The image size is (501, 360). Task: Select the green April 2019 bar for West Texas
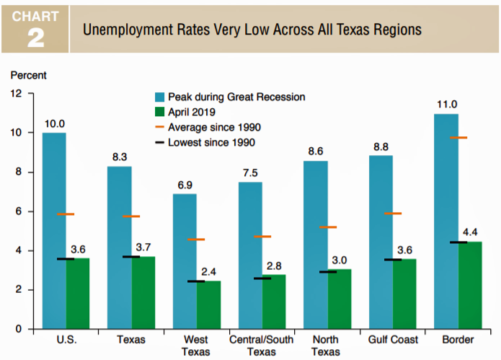208,305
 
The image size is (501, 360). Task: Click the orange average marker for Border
458,138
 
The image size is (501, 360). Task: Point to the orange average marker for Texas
131,216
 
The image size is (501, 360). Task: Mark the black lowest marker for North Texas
328,272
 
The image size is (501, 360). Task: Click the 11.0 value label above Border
447,105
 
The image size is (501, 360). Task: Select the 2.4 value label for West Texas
209,272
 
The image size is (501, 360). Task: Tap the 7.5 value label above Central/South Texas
250,172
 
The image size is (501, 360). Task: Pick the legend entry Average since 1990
214,127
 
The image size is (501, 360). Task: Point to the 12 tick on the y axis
15,94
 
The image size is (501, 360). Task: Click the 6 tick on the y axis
18,211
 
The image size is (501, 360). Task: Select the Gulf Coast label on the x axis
393,339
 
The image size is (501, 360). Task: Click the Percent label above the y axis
28,74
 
